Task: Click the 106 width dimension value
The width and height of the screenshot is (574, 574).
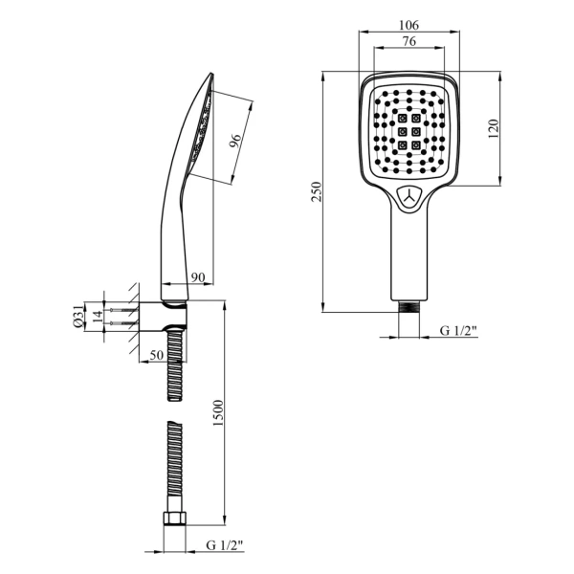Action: click(x=408, y=25)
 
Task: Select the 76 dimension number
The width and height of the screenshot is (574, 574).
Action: click(x=408, y=41)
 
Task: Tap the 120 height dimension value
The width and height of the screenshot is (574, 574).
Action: click(x=493, y=128)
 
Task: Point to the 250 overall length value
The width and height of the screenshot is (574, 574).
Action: click(x=317, y=191)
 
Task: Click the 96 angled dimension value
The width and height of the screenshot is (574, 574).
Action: click(x=235, y=141)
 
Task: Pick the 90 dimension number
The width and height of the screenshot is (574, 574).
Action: click(x=198, y=277)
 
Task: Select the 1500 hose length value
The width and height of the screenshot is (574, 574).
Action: click(x=218, y=412)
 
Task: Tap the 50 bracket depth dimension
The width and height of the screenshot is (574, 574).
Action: click(x=157, y=355)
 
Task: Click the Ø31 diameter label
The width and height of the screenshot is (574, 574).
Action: click(x=78, y=317)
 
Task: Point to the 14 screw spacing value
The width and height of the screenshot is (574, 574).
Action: click(x=98, y=317)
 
